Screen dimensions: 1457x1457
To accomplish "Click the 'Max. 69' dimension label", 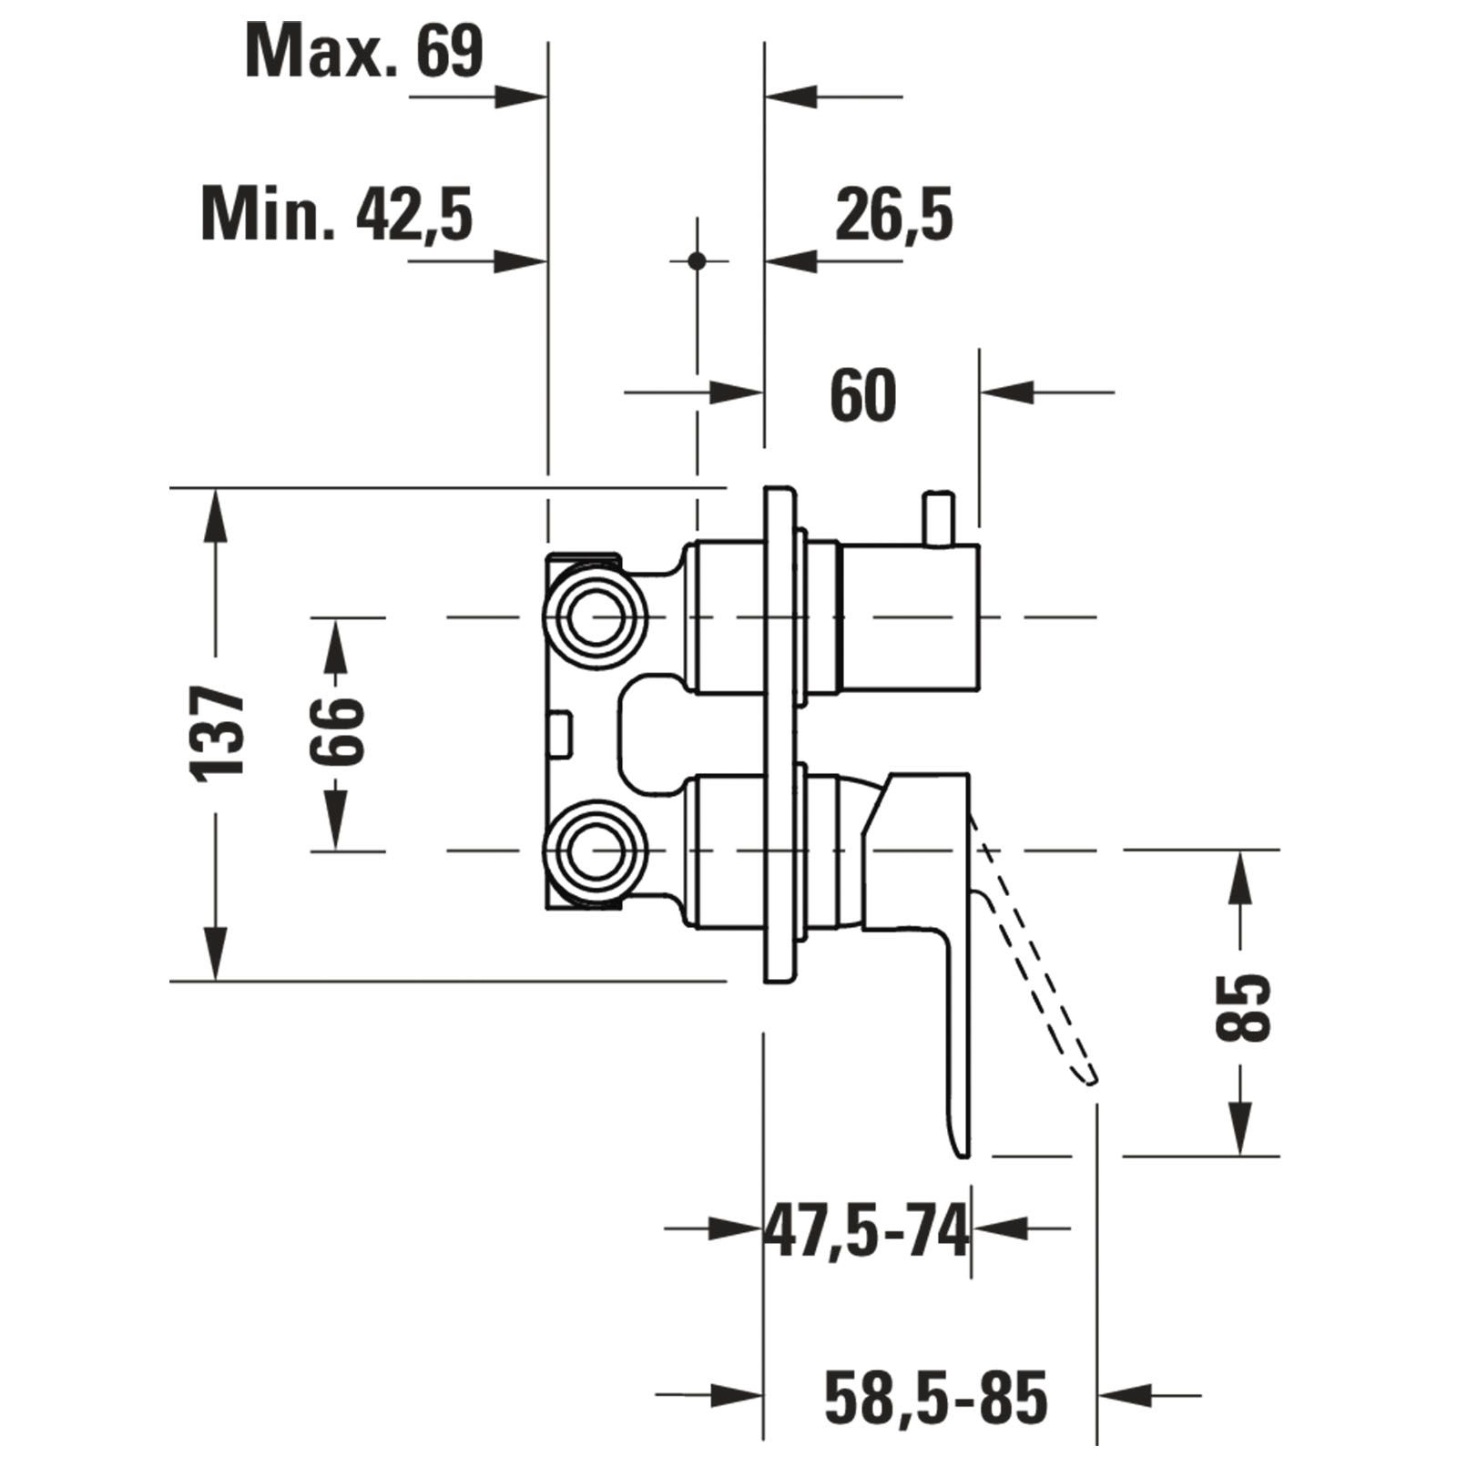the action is pos(364,52).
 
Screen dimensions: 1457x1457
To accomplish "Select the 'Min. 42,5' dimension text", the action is pos(337,215).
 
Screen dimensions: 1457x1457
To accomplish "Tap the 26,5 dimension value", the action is pos(893,215).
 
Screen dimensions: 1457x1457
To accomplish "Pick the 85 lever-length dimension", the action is pos(1242,1007).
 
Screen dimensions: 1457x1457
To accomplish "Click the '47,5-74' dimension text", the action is pos(865,1232).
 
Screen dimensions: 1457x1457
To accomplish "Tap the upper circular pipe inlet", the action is pos(596,616).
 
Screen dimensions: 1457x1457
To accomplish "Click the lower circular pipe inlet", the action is pos(596,851).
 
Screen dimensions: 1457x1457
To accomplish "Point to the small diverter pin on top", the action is pos(938,518).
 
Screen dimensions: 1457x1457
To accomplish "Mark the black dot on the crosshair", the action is pos(698,261).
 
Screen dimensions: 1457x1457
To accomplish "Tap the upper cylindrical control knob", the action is pos(908,616).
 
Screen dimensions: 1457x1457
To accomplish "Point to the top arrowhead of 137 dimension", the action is pos(216,515).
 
